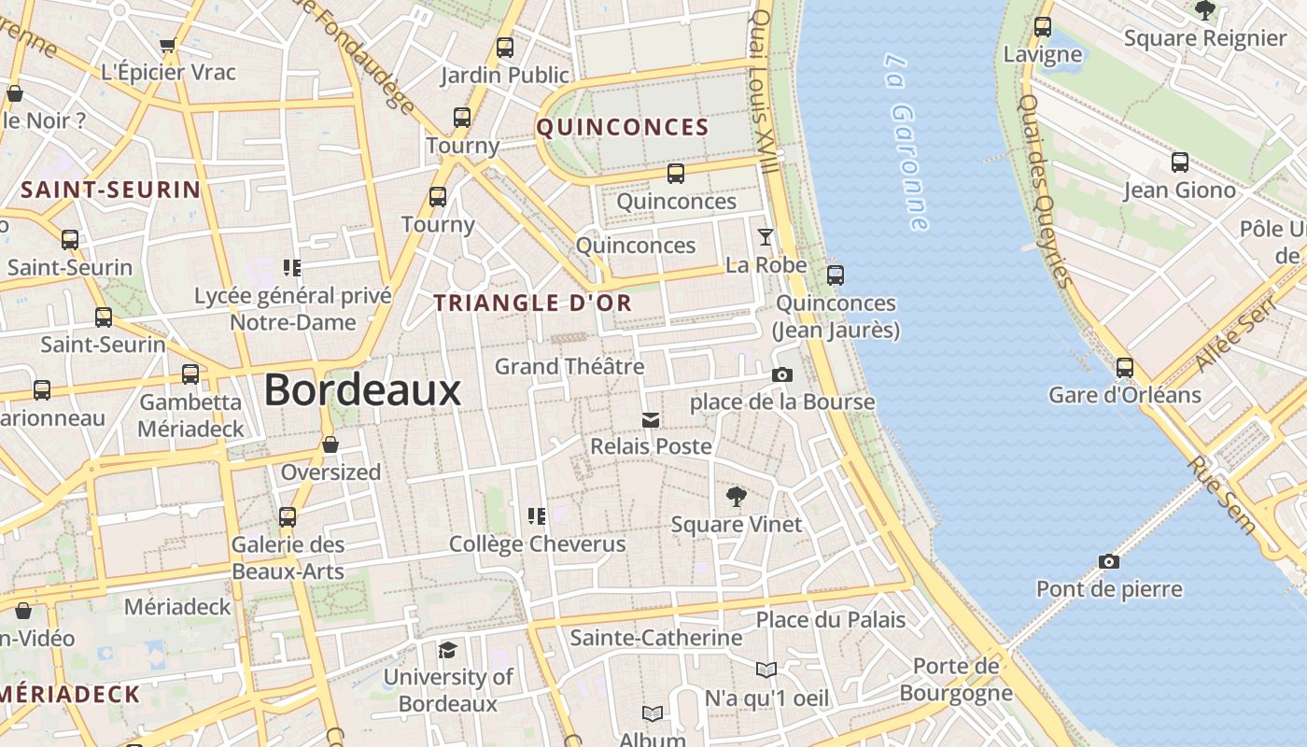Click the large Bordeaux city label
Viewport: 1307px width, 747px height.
tap(362, 389)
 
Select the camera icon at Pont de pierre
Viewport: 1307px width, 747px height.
tap(1108, 561)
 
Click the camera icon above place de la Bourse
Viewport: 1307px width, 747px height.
tap(782, 374)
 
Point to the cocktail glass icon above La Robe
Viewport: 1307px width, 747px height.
tap(766, 236)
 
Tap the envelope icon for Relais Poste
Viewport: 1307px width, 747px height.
tap(651, 420)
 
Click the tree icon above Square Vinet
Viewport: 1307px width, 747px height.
tap(737, 496)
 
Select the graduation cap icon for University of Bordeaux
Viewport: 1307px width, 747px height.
tap(448, 650)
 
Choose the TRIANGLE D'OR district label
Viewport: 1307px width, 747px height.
tap(533, 303)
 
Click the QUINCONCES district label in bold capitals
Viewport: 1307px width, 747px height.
tap(623, 128)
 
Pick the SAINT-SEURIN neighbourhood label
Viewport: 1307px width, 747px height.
tap(111, 190)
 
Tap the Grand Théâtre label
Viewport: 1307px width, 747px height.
tap(569, 366)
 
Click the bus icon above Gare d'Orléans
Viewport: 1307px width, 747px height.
tap(1125, 367)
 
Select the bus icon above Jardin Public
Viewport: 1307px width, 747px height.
tap(505, 47)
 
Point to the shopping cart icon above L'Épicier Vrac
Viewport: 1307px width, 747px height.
tap(168, 45)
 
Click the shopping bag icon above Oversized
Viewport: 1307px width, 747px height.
tap(330, 444)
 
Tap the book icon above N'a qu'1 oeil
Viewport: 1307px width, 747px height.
tap(766, 669)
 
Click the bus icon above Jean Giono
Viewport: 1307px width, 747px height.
tap(1180, 162)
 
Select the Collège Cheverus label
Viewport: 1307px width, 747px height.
tap(537, 543)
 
